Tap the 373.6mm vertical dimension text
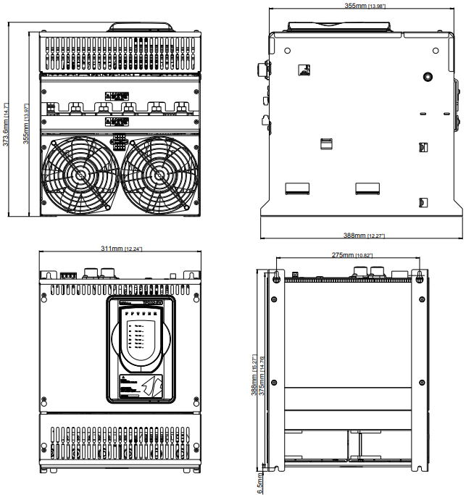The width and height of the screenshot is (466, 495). tap(7, 124)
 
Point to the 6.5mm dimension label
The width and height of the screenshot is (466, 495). tap(261, 481)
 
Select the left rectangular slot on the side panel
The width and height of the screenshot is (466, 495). tap(296, 188)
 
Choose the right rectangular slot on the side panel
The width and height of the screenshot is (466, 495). tap(367, 188)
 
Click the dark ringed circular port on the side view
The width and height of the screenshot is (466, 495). tap(428, 76)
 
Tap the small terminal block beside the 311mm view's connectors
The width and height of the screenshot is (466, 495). tap(69, 275)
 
